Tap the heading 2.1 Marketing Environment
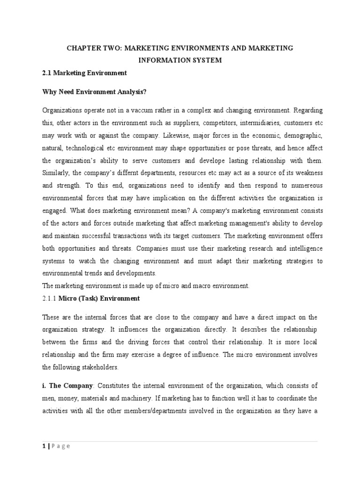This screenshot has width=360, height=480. pyautogui.click(x=84, y=73)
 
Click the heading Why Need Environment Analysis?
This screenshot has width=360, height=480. pyautogui.click(x=94, y=92)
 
